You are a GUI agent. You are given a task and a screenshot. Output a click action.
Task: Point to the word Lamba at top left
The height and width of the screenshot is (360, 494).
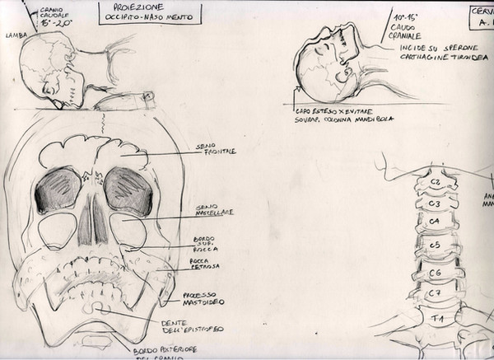[15, 36]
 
